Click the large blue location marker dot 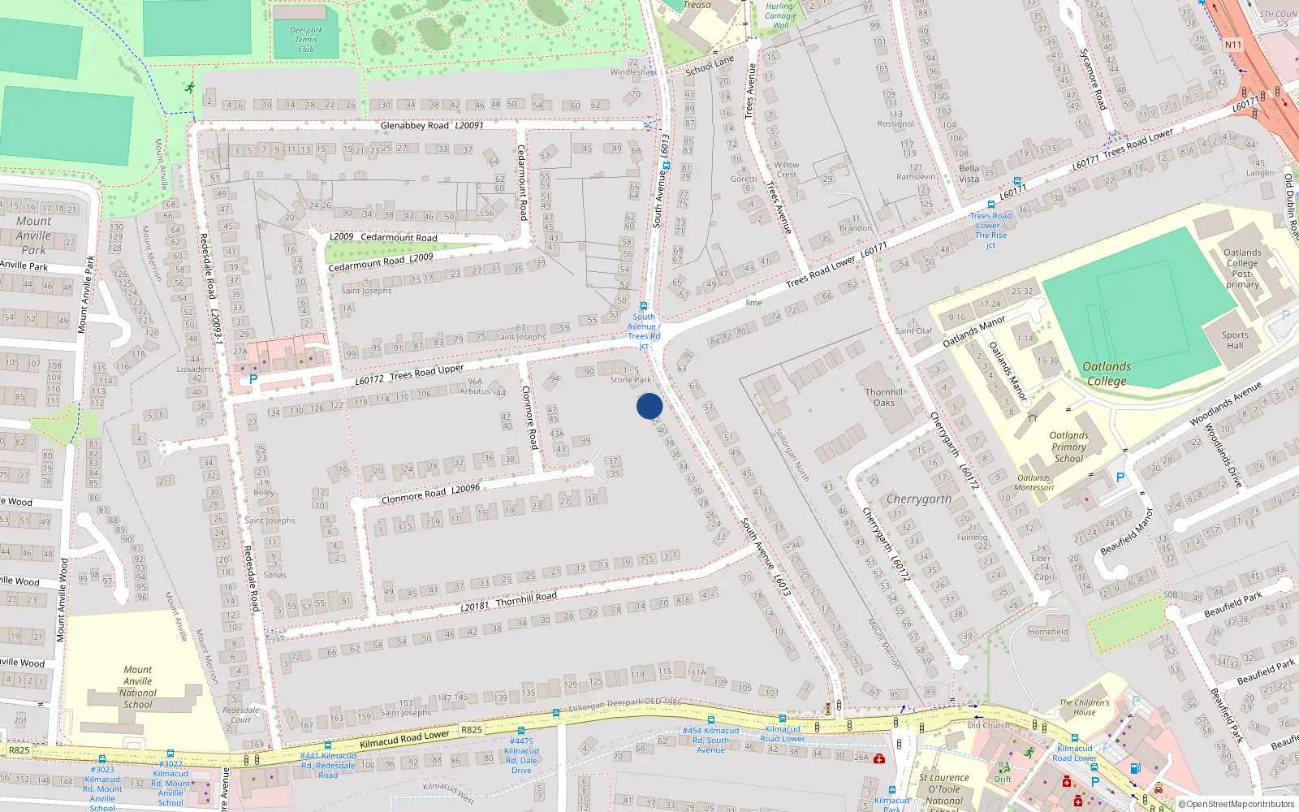coord(649,406)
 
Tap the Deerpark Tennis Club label coord(306,40)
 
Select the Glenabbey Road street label coord(415,126)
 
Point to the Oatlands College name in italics coord(1107,374)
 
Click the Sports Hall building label coord(1235,340)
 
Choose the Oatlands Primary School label coord(1068,447)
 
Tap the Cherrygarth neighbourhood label coord(919,499)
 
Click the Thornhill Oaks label coord(884,397)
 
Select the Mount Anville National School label coord(138,687)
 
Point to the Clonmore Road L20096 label coord(430,494)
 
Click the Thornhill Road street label coord(526,599)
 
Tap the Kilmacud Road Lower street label coord(404,738)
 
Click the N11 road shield coord(1233,45)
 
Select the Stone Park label coord(631,380)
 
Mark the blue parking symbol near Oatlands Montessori coord(1120,478)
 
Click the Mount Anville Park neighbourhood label coord(33,235)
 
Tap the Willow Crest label coord(786,169)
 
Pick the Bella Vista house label coord(969,174)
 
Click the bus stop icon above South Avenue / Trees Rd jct coord(644,306)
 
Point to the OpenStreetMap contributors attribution coord(1240,804)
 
